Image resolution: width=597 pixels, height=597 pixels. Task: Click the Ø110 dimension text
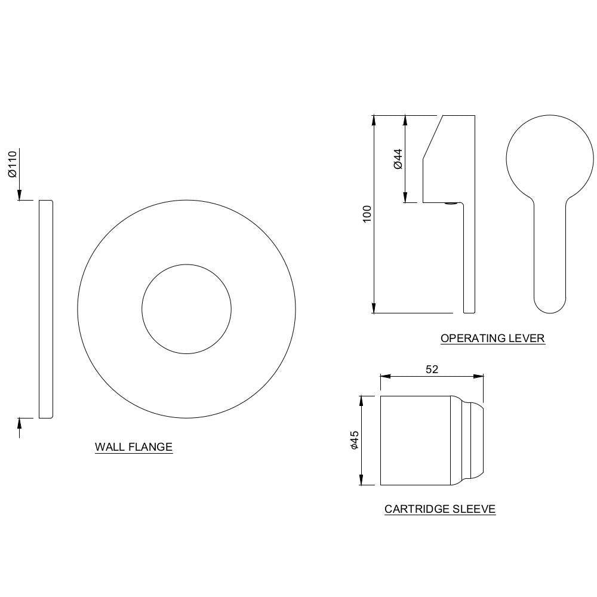coord(11,164)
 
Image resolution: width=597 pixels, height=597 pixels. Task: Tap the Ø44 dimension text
coord(398,158)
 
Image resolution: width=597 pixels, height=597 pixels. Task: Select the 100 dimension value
coord(367,214)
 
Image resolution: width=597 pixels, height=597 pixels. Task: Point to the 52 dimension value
coord(432,370)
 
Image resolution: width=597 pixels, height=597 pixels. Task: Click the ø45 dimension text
coord(354,441)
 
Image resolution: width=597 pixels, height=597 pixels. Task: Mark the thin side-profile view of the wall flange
coord(46,309)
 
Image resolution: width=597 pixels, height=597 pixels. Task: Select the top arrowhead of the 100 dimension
coord(374,120)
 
